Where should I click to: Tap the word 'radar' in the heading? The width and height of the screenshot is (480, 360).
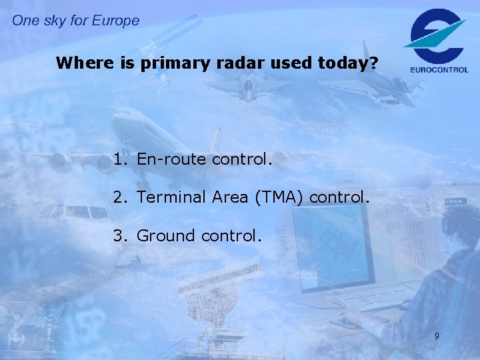click(236, 64)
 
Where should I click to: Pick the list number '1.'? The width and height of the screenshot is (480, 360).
click(120, 160)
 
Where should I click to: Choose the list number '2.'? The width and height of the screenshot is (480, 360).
click(120, 198)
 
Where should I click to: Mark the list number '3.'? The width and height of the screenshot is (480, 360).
click(120, 236)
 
